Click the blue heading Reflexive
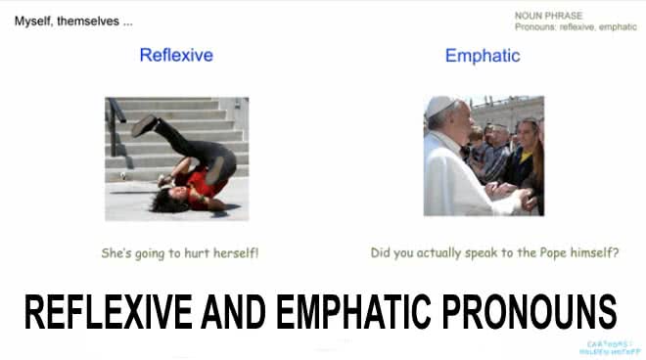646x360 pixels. tap(176, 56)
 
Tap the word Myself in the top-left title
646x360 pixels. tap(35, 20)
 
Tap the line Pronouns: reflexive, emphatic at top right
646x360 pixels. tap(575, 27)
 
